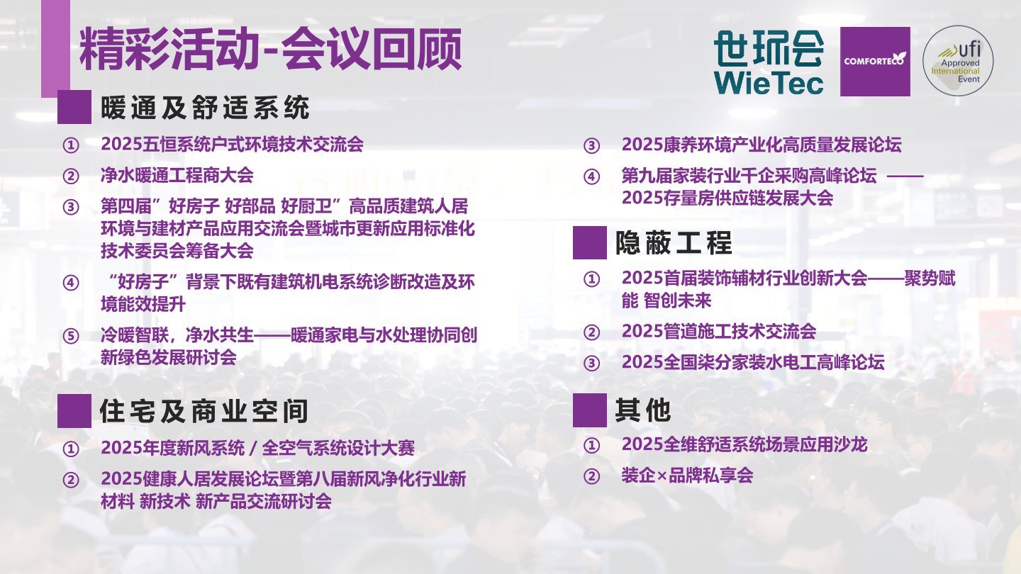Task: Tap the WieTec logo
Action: (x=769, y=62)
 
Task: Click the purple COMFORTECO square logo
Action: (x=874, y=62)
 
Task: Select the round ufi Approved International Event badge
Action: (x=957, y=61)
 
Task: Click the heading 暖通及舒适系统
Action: (x=206, y=108)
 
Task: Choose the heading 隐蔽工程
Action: (x=673, y=243)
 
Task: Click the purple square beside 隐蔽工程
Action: (x=589, y=243)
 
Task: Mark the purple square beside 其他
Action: (x=589, y=410)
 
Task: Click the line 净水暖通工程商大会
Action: (x=177, y=175)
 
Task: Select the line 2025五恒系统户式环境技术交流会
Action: (x=232, y=145)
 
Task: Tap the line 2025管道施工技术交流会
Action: (x=718, y=331)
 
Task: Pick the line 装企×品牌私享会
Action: (x=686, y=475)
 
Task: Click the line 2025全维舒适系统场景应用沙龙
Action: (x=744, y=444)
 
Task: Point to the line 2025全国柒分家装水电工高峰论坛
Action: (x=752, y=362)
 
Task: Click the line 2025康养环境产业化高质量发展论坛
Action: (x=761, y=145)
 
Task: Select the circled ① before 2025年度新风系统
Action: (x=71, y=449)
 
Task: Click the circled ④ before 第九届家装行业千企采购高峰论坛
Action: (x=591, y=177)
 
